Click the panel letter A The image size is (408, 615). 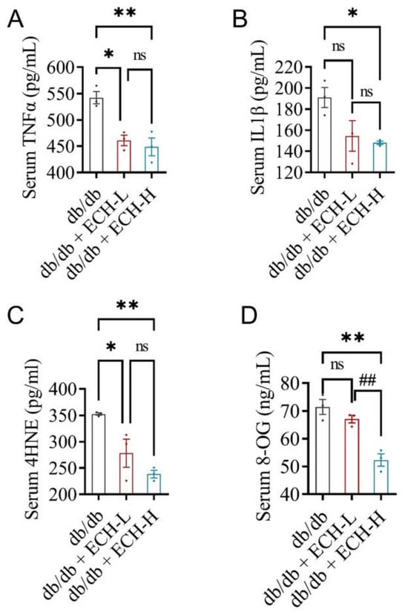click(x=16, y=19)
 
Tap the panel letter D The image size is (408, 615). click(x=248, y=316)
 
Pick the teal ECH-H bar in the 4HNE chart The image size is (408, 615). click(x=154, y=484)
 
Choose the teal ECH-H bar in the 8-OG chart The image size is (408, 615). click(x=381, y=476)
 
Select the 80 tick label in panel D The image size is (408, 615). click(x=298, y=384)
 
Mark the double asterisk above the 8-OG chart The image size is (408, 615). click(x=352, y=338)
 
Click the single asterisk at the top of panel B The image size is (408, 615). click(x=352, y=13)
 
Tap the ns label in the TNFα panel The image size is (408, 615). click(x=139, y=56)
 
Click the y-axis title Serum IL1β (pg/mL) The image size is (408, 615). click(x=259, y=117)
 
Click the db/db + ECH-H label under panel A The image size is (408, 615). click(x=111, y=234)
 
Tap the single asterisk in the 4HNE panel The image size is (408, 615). click(x=111, y=346)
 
